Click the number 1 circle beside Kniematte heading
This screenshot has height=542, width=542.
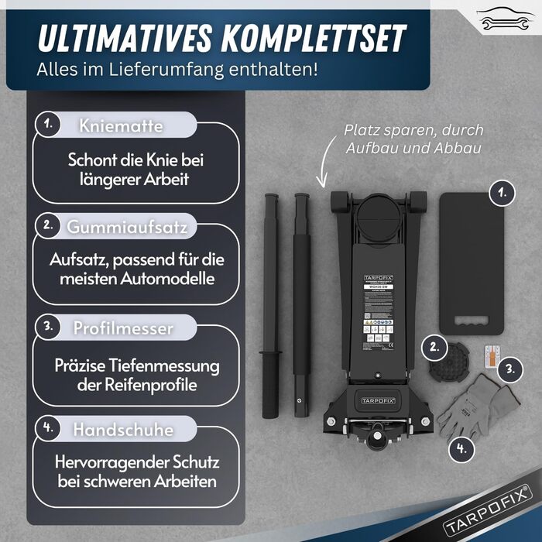[49, 124]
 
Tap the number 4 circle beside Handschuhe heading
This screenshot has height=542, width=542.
[49, 427]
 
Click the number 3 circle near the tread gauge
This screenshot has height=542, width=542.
[509, 369]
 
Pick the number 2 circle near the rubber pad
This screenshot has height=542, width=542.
[434, 348]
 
